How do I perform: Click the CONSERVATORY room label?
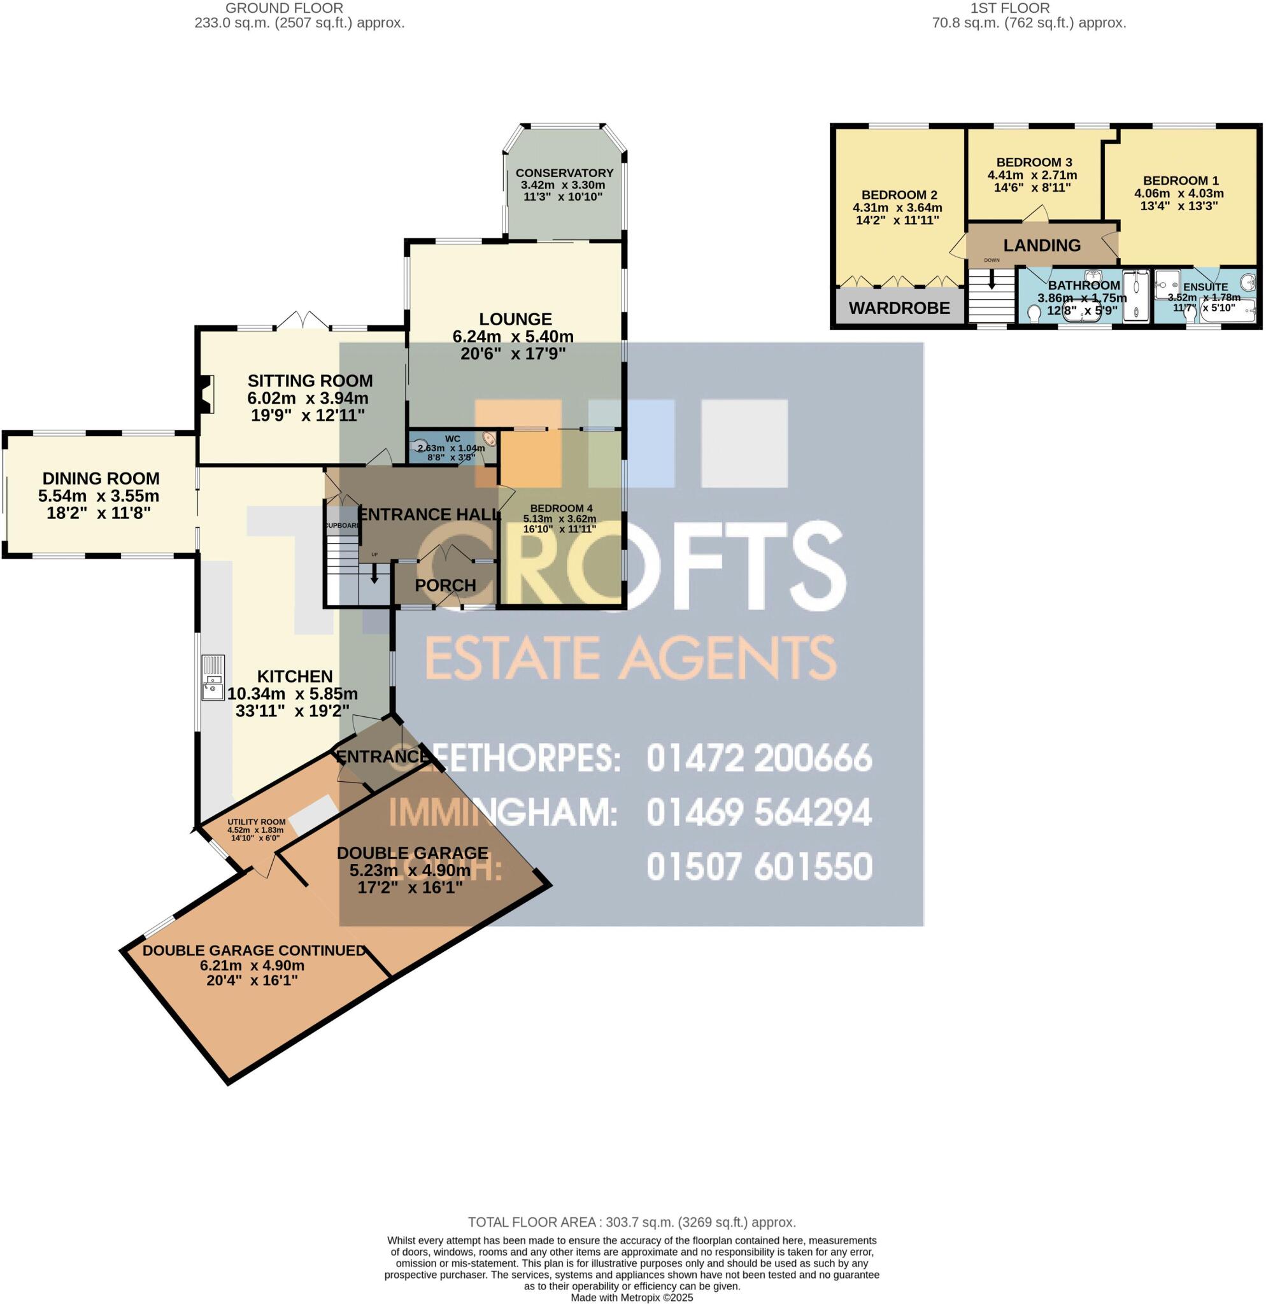564,173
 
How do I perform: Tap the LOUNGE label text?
516,320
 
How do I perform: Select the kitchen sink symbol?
213,678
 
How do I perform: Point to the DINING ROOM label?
101,478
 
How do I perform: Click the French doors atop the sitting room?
303,321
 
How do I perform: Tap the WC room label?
452,439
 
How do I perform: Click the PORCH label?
445,586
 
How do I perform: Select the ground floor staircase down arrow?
374,574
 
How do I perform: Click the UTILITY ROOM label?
256,822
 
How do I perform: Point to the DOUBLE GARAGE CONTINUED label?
254,951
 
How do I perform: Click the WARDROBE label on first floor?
899,308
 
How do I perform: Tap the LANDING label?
1042,246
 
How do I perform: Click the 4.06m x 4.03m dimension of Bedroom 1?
1179,194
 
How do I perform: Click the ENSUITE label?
1206,287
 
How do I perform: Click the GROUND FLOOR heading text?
284,8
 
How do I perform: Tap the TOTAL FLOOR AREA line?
631,1222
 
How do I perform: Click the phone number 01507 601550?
759,867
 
